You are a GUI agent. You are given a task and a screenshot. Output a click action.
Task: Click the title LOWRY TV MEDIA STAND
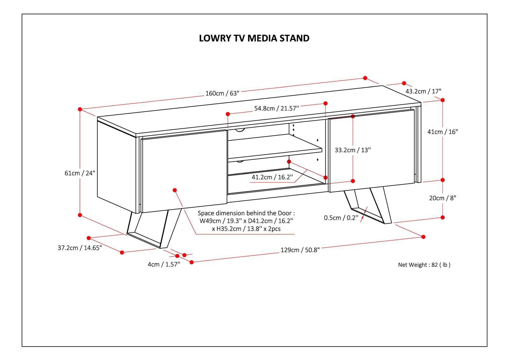point(254,38)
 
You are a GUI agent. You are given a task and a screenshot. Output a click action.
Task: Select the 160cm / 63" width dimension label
point(222,93)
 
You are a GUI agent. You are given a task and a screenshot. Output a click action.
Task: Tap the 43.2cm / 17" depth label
point(423,91)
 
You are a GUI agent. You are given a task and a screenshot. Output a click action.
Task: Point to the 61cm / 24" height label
point(80,173)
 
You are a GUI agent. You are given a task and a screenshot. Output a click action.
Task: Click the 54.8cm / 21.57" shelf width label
point(276,108)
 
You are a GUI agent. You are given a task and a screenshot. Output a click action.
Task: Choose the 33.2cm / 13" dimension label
point(352,150)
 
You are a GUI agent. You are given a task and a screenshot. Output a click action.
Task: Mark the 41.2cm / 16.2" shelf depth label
point(272,177)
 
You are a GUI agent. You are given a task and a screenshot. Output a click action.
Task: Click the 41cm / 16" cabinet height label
point(442,132)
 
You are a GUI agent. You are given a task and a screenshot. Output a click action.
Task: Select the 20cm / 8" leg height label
point(442,198)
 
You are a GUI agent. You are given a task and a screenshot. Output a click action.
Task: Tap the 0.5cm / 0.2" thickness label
point(341,218)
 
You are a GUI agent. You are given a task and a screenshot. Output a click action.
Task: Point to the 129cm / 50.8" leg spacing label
point(300,250)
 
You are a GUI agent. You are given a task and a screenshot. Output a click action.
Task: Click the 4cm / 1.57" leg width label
point(164,264)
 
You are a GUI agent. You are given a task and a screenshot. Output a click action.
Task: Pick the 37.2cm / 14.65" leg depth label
point(80,248)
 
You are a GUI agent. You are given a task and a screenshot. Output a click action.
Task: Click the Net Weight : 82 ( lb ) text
point(424,265)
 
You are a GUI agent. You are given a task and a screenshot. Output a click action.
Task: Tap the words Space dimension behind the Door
point(246,213)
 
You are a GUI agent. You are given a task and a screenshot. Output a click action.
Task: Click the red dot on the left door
point(175,190)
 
